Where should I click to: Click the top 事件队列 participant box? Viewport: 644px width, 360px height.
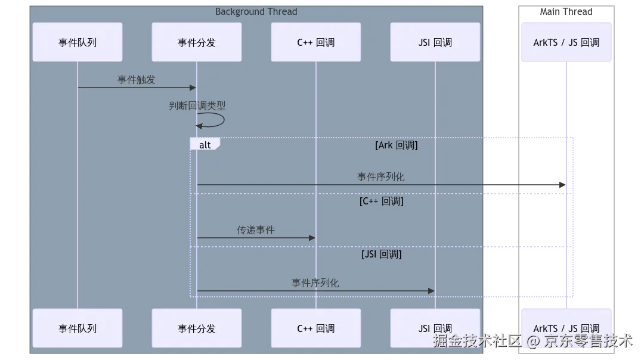point(78,42)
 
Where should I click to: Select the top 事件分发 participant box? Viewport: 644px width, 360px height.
point(197,42)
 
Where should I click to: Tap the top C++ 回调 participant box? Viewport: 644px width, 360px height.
point(316,42)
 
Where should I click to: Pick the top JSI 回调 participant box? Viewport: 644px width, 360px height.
point(435,42)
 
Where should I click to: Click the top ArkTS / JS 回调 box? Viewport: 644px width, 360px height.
point(566,42)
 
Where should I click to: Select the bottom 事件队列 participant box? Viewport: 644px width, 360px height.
point(78,328)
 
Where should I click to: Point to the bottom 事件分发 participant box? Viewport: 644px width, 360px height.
point(197,328)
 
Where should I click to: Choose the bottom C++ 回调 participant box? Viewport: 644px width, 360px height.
point(316,328)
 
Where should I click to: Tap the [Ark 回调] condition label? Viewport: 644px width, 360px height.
point(397,145)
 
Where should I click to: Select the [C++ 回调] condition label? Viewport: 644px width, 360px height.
point(382,201)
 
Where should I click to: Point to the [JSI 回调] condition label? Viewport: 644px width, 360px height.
point(382,255)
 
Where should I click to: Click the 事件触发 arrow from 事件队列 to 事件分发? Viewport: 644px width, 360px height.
point(137,88)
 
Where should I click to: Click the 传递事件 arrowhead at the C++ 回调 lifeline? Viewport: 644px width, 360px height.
point(311,238)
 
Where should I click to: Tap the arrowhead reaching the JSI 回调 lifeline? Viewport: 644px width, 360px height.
point(431,291)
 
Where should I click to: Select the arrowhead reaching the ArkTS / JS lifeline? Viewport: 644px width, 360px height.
point(561,185)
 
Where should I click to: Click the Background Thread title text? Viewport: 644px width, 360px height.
point(256,12)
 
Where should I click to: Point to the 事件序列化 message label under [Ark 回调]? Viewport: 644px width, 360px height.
point(380,177)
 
